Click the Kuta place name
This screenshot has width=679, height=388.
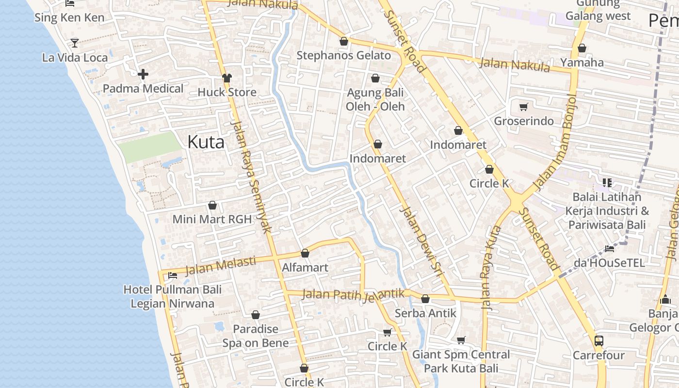click(206, 142)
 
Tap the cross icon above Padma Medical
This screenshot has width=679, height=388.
click(143, 74)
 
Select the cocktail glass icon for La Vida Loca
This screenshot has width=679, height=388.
click(74, 43)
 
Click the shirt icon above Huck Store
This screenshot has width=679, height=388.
click(226, 78)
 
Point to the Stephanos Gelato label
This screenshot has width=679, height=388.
click(343, 55)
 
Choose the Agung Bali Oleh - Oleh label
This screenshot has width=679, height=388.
click(375, 99)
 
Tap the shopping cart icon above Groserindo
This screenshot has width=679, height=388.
click(523, 107)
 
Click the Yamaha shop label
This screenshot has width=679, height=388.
click(582, 62)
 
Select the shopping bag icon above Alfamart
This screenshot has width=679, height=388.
click(305, 253)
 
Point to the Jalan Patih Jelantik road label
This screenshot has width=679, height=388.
click(353, 294)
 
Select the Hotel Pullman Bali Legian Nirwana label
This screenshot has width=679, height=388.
click(172, 296)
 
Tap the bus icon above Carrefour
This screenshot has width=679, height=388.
click(599, 340)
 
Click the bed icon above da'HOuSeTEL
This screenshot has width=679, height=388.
click(610, 249)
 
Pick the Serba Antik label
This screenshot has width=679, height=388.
click(425, 313)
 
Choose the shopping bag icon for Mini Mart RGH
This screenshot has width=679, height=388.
click(212, 205)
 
